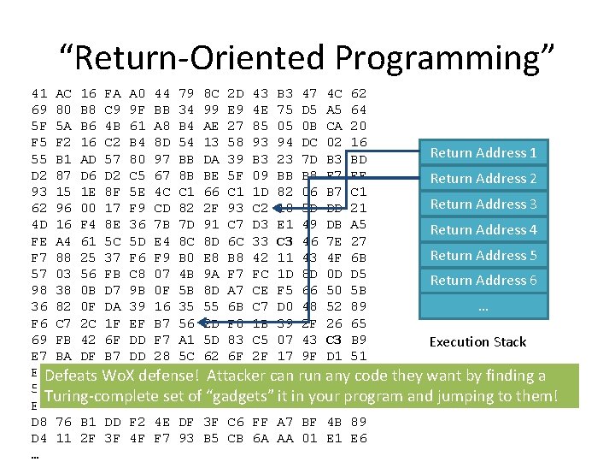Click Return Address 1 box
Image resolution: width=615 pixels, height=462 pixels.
(483, 153)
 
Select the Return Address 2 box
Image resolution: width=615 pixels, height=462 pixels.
(483, 179)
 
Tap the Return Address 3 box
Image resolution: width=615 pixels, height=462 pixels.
(483, 204)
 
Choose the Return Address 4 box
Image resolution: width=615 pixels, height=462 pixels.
(483, 230)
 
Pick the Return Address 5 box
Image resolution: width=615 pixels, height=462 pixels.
(483, 256)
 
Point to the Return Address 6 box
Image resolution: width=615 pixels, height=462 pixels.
(483, 281)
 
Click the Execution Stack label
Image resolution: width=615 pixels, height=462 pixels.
(477, 342)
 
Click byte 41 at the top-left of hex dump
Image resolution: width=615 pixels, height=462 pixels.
(38, 92)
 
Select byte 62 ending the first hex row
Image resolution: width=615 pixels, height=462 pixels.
(359, 92)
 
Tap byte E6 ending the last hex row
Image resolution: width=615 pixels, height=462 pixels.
(359, 439)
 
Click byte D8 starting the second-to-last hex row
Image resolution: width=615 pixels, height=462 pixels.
(38, 422)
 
